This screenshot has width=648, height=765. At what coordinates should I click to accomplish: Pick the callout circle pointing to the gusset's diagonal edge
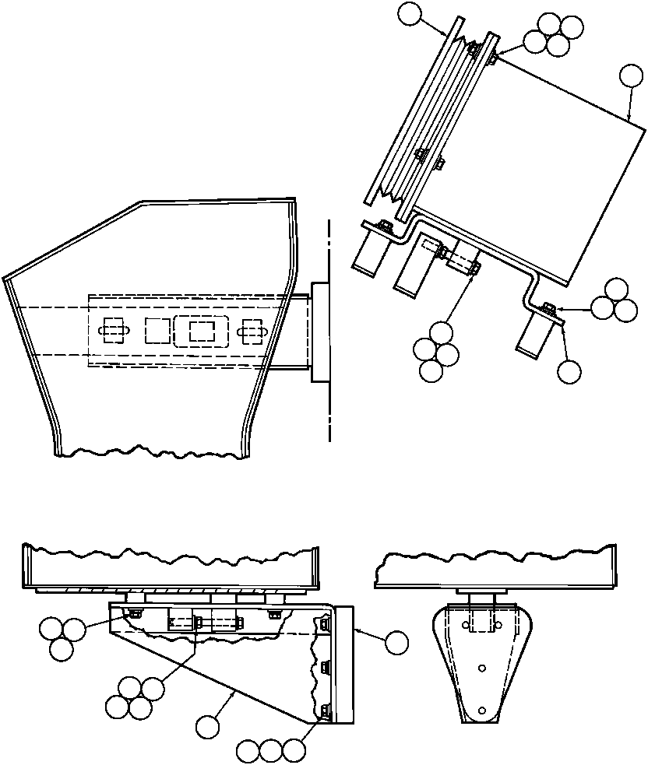coord(207,727)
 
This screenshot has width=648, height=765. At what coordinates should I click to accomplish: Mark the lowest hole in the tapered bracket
coord(483,710)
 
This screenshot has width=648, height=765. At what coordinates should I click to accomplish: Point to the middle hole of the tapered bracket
coord(483,667)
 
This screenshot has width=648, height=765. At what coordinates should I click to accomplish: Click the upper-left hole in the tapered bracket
coord(467,625)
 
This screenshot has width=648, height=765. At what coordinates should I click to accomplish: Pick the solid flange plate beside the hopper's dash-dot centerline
coord(320,332)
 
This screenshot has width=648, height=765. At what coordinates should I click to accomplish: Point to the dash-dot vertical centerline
coord(330,327)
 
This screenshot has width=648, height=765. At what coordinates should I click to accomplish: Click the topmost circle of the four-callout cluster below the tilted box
coord(441,332)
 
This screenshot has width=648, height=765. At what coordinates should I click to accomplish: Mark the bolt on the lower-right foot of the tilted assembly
coord(548,309)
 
